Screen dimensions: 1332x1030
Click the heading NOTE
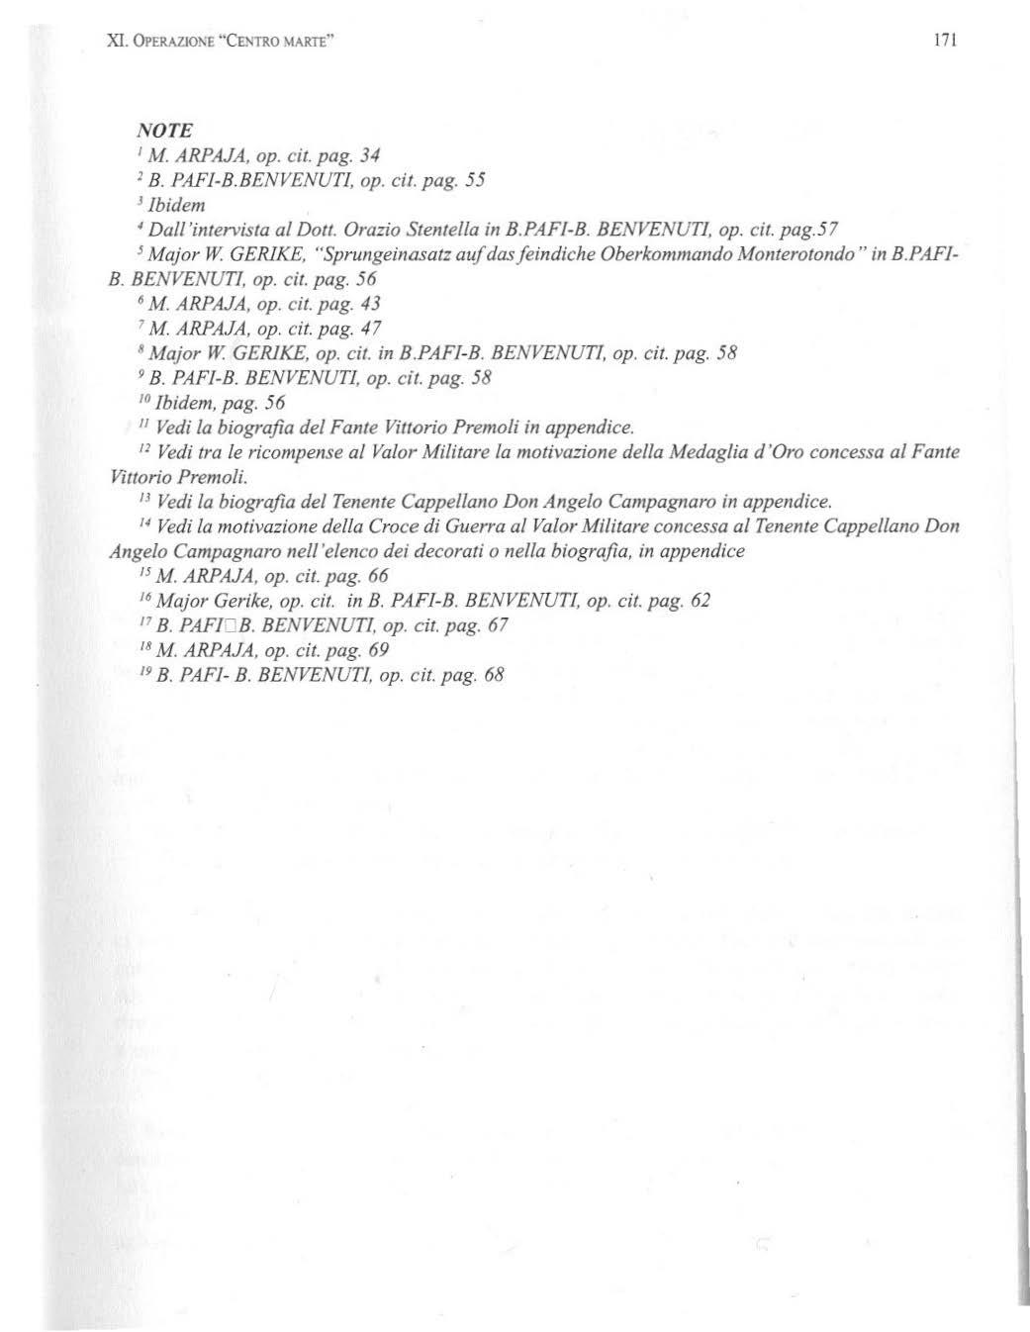[163, 131]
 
